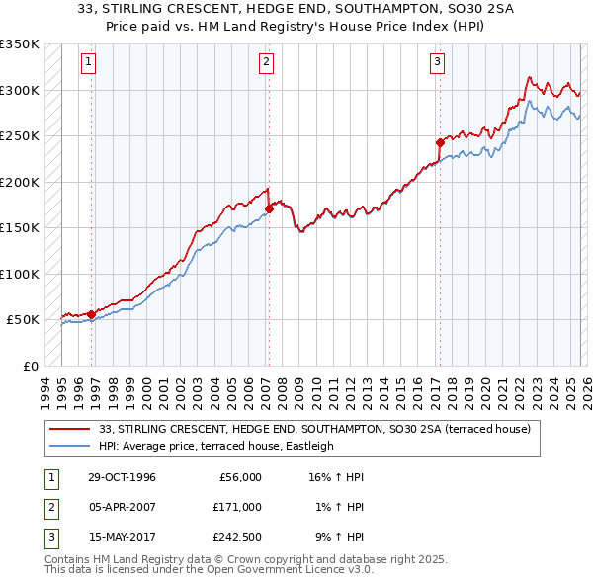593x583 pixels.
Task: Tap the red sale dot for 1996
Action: (92, 314)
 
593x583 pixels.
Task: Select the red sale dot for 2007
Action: (269, 208)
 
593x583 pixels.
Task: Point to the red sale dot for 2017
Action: (440, 142)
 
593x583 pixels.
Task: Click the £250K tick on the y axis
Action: (19, 136)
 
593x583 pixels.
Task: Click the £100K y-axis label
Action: (19, 274)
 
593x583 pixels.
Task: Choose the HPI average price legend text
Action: (216, 446)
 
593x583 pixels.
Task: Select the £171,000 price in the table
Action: (237, 507)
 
